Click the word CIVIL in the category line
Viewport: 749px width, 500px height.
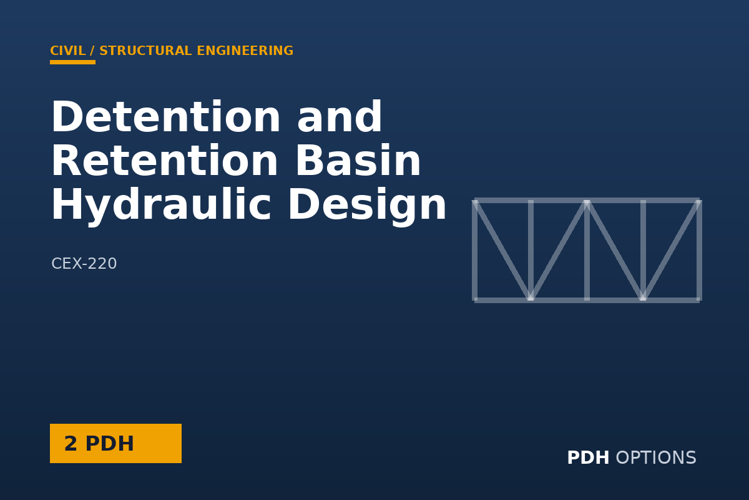coord(68,51)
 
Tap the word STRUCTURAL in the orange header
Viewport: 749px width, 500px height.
coord(146,51)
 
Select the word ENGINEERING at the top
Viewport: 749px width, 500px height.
coord(245,51)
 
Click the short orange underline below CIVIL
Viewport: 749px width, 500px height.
coord(72,62)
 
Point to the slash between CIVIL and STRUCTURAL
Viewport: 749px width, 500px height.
coord(92,51)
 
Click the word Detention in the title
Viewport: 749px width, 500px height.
coord(165,117)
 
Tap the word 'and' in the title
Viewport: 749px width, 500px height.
coord(340,117)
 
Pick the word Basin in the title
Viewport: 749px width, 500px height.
coord(358,161)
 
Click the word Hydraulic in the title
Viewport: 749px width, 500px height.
coord(160,205)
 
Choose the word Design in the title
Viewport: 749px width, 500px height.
coord(367,205)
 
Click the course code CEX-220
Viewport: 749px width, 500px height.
coord(84,264)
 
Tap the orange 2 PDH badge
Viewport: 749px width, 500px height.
coord(115,443)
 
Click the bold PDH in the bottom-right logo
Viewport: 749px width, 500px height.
coord(588,457)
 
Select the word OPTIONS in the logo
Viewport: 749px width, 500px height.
coord(656,457)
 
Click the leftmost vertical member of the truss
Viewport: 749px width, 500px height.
coord(475,250)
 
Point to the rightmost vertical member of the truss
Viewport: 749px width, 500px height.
coord(699,250)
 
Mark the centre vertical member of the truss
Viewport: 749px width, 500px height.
coord(587,250)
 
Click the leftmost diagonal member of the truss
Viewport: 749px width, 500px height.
coord(502,250)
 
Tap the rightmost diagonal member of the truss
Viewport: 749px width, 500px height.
coord(671,250)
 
